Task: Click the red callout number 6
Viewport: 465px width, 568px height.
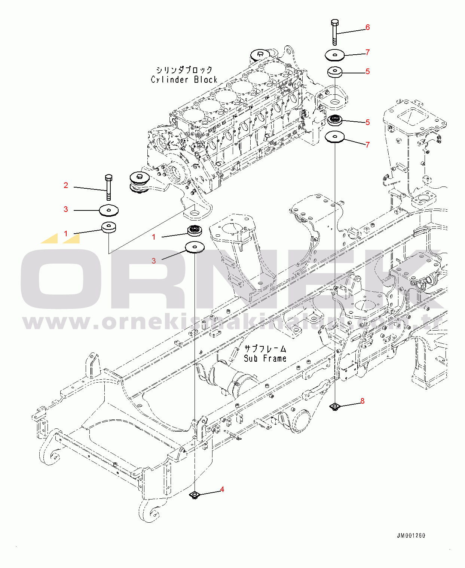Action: coord(368,27)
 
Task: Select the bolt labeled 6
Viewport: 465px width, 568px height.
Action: coord(335,32)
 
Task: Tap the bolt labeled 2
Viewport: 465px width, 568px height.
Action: coord(108,187)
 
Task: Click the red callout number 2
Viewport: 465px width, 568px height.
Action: coord(66,185)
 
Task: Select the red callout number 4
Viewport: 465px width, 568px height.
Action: coord(222,489)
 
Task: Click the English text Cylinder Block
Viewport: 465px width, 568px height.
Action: coord(184,80)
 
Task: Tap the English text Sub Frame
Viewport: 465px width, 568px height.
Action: coord(265,358)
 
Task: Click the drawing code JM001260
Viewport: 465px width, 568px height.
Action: coord(411,535)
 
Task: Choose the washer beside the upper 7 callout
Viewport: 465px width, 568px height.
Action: coord(335,56)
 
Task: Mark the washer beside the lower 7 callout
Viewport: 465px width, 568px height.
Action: coord(335,137)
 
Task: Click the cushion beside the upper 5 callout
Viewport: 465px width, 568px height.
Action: coord(335,72)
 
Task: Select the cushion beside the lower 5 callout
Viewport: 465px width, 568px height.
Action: coord(335,120)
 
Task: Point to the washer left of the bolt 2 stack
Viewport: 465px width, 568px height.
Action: coord(109,210)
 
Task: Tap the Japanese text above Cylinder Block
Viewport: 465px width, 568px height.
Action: coord(184,70)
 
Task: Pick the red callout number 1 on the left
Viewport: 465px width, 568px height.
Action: coord(66,234)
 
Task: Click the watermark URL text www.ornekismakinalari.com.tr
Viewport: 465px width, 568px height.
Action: coord(233,322)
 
